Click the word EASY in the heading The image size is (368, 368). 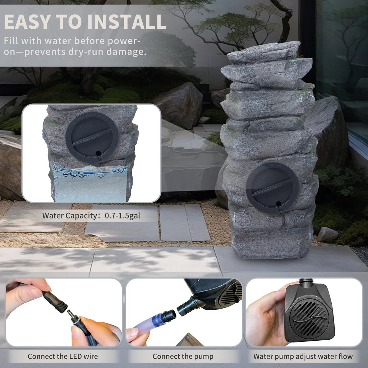tap(27, 22)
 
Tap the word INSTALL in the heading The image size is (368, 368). tap(127, 22)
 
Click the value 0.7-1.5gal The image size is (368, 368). tap(122, 216)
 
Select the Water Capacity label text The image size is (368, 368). tap(69, 216)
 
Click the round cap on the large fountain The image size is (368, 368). tap(272, 188)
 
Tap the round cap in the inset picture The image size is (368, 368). tap(92, 138)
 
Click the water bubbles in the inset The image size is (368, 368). tap(89, 171)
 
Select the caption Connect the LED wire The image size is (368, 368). tap(63, 356)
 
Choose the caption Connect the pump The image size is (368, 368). tap(183, 356)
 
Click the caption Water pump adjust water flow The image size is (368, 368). tap(303, 356)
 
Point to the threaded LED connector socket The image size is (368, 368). tap(55, 302)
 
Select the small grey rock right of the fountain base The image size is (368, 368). tap(328, 234)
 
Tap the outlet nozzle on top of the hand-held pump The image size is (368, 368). tap(306, 281)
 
